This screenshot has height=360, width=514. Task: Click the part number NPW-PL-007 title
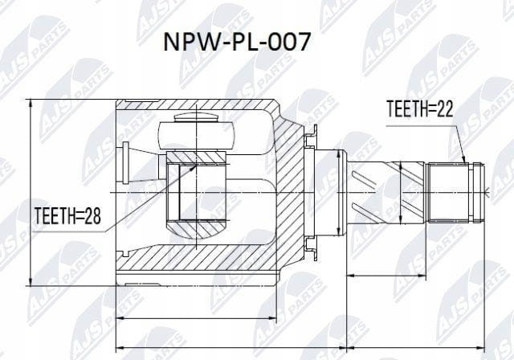[x=236, y=42]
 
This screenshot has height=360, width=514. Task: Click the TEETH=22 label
[x=420, y=109]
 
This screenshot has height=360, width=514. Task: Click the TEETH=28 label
[x=67, y=215]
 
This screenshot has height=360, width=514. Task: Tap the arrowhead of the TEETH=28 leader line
[x=192, y=168]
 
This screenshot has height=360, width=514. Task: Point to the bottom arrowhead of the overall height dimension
[x=31, y=281]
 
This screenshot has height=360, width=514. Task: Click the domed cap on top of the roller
[x=196, y=117]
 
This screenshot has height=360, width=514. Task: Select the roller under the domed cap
[x=196, y=136]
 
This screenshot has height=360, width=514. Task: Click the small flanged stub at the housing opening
[x=125, y=163]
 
